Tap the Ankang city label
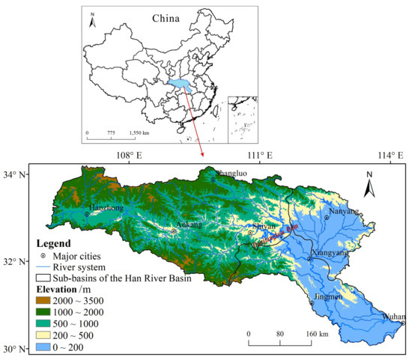tap(187, 224)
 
